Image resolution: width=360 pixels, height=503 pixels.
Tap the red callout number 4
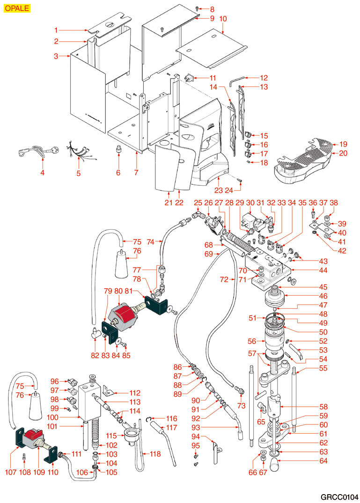pos(42,173)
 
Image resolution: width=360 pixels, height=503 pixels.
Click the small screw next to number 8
pos(197,8)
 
